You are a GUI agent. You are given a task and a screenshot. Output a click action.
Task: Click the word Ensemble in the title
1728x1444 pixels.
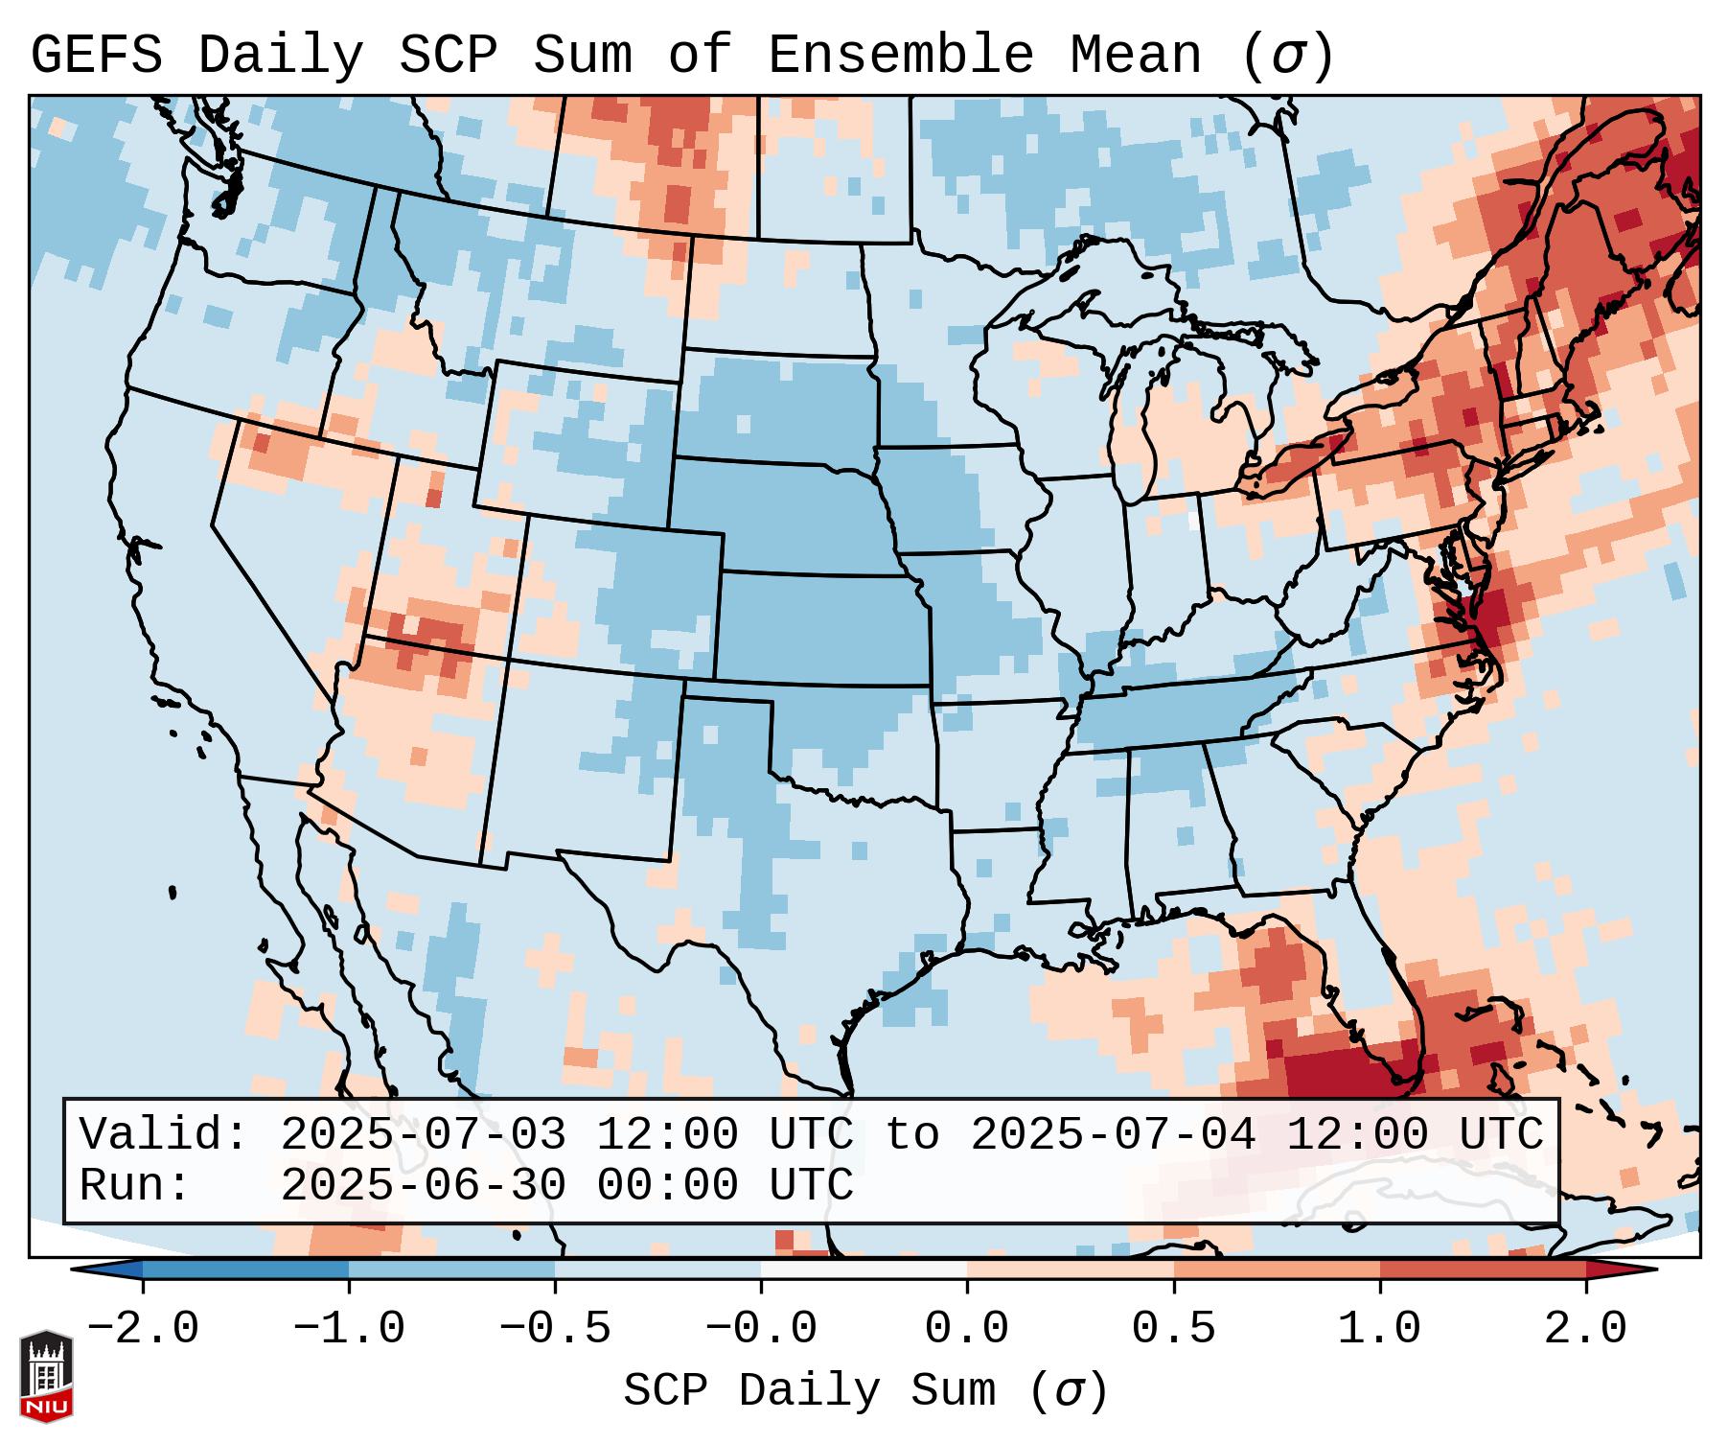point(901,56)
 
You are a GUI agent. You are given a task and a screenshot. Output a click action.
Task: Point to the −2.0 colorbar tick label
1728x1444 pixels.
point(143,1329)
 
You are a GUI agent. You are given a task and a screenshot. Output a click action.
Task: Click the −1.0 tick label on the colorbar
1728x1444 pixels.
point(349,1329)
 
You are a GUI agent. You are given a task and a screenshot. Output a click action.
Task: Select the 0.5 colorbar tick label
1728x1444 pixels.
point(1174,1329)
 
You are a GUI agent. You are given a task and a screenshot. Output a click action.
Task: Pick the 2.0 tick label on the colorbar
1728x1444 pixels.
point(1586,1329)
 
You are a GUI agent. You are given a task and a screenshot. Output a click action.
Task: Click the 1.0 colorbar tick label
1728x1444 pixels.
point(1380,1329)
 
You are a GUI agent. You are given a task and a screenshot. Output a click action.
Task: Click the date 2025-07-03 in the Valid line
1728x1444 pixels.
point(423,1134)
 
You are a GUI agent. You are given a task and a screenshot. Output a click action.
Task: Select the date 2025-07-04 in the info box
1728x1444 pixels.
point(1113,1134)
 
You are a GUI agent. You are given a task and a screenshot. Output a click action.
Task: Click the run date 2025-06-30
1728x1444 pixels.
point(423,1185)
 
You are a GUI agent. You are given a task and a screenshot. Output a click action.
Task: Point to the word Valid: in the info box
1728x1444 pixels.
point(164,1134)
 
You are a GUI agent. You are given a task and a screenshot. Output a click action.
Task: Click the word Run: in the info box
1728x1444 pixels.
point(135,1185)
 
